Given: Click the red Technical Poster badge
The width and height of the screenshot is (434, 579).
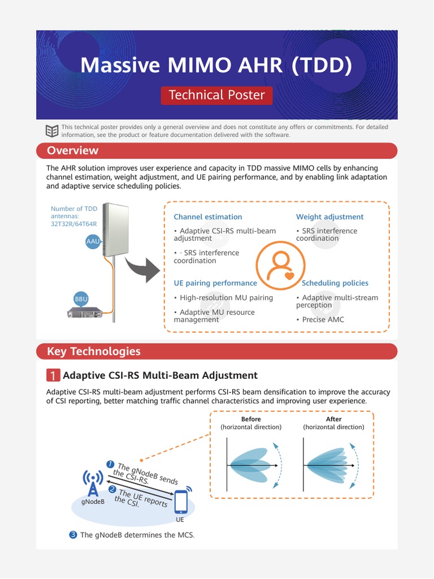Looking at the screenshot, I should (216, 95).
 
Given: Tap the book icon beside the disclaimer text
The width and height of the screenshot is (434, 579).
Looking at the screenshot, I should (52, 131).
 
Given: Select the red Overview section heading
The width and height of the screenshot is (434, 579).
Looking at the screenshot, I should (72, 150).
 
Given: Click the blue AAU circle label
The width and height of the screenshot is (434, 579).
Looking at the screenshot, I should (93, 241).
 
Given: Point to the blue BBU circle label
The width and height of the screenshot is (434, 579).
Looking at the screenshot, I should (81, 299).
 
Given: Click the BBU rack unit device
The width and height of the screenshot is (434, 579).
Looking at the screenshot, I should (85, 312).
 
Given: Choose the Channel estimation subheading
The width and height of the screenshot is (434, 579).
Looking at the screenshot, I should (207, 217).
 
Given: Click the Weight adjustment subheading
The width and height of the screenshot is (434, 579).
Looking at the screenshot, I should (329, 217).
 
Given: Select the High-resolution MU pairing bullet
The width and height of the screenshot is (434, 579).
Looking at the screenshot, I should (223, 297).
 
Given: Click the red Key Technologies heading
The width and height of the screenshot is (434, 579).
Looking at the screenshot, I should (93, 351).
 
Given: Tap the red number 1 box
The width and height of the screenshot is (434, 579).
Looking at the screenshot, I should (53, 375).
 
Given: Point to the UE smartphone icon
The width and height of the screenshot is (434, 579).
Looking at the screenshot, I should (181, 501).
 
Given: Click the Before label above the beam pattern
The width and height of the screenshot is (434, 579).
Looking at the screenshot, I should (251, 419).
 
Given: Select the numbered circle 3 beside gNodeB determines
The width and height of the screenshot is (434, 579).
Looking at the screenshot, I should (73, 534).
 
